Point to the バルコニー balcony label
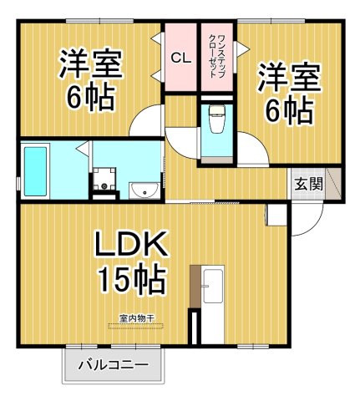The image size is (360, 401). click(x=114, y=366)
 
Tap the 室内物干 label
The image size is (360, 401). click(x=133, y=317)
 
